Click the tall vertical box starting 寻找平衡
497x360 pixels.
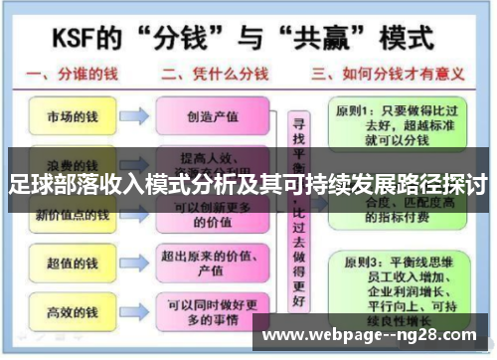(297, 214)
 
